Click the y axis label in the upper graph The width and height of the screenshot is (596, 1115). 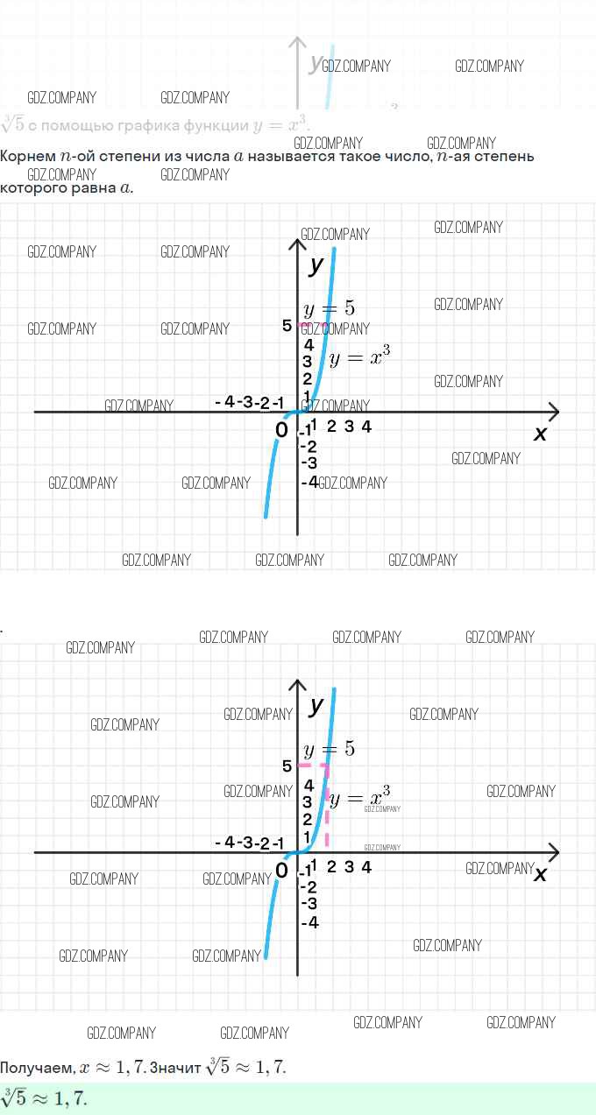pos(316,264)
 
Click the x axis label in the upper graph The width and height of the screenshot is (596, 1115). pos(540,433)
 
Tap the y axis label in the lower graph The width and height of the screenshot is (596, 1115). pos(316,704)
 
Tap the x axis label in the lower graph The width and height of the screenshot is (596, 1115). pos(540,873)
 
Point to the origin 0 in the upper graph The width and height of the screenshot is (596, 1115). pos(281,430)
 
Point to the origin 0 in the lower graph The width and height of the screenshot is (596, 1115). pos(281,871)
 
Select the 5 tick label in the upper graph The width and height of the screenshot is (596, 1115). pos(287,326)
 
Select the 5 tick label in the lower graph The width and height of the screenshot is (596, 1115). pos(287,766)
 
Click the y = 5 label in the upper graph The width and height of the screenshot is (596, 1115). pos(329,309)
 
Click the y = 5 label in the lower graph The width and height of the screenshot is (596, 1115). pos(329,750)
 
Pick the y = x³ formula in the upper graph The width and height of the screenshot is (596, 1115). pos(359,357)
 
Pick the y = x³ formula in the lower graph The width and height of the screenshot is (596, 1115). pos(359,798)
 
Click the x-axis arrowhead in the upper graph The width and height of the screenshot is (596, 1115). pos(553,411)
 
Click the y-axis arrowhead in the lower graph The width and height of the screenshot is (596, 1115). pos(298,684)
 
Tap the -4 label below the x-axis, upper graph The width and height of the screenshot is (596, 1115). pos(309,482)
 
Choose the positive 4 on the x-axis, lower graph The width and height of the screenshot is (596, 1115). pos(366,867)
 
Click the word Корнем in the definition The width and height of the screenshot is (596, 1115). pos(27,157)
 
